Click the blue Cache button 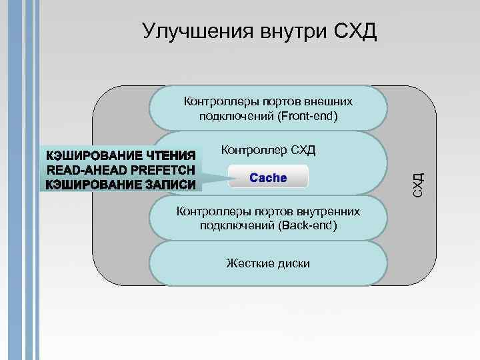tap(268, 178)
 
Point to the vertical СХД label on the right tap(418, 184)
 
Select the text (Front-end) tap(304, 116)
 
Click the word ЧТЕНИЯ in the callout tap(170, 155)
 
